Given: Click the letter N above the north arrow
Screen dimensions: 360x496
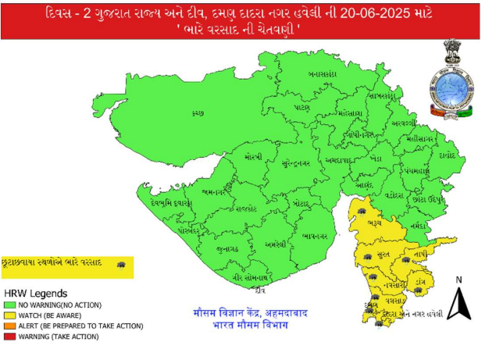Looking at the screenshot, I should pos(459,280).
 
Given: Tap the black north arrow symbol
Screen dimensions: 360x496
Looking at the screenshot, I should pos(459,304).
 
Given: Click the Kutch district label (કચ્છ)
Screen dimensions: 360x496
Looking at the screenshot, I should pos(198,114).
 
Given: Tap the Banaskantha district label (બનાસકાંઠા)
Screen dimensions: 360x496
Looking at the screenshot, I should pos(322,74).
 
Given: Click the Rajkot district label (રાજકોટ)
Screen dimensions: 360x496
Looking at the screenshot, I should pos(248,209).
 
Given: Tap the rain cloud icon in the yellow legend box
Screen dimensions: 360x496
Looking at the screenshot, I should pos(120,266).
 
